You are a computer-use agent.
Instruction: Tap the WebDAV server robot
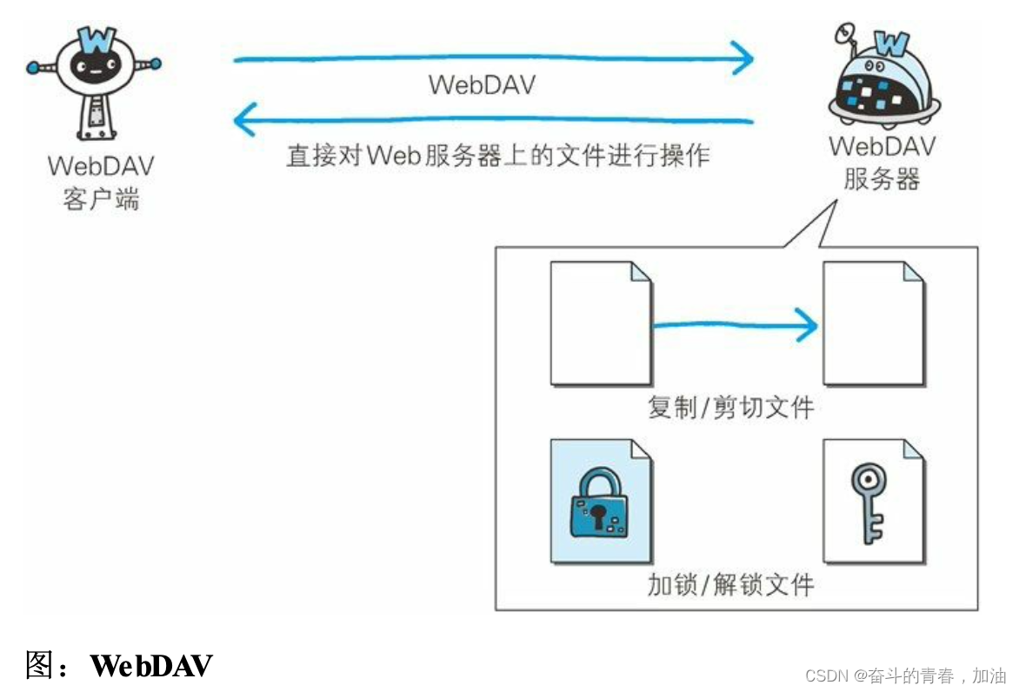coord(880,78)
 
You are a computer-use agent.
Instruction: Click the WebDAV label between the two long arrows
coord(483,85)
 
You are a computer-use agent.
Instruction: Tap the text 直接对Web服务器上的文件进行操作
coord(498,156)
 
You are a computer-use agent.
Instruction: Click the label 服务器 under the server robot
coord(881,180)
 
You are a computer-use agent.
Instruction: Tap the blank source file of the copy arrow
coord(600,323)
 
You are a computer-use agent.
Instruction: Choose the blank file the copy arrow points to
coord(874,323)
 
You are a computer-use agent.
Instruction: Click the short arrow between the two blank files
coord(735,326)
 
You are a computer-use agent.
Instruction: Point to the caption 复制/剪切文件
coord(730,407)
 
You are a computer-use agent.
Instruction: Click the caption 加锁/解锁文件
coord(730,584)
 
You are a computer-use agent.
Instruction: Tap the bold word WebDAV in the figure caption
coord(151,666)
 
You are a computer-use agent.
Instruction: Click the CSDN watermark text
coord(904,675)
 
